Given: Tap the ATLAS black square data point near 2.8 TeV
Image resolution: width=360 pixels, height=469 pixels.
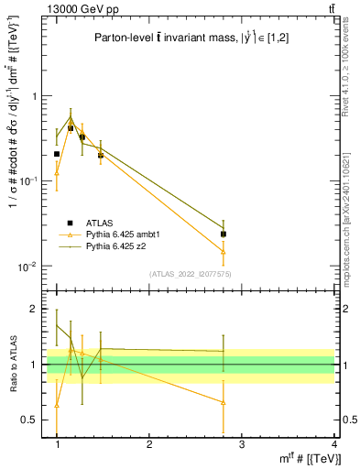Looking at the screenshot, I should (x=224, y=234).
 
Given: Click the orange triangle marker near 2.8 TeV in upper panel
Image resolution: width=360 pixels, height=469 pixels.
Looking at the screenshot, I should (x=224, y=251).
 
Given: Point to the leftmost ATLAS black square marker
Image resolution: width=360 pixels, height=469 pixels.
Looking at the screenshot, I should (x=57, y=154).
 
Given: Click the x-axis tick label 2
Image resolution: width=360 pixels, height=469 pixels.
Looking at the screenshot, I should (x=149, y=443).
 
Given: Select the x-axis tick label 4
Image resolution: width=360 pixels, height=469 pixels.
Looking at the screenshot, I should (x=334, y=443).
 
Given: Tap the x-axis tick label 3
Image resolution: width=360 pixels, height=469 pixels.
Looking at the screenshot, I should (x=242, y=443).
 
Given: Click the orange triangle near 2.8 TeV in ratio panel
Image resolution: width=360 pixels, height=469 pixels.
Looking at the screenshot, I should (x=224, y=401).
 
